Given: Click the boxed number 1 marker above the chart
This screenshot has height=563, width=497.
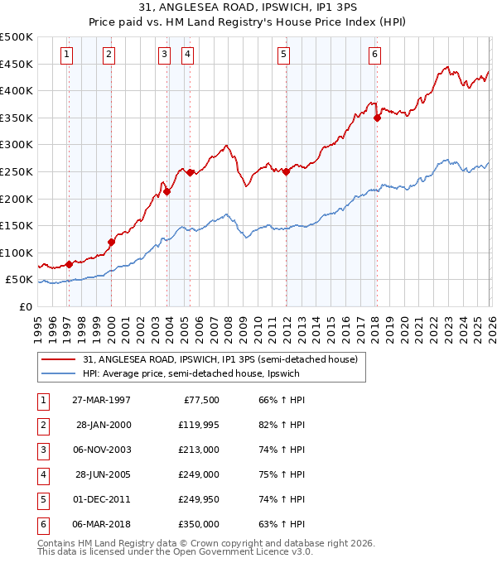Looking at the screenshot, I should [66, 55].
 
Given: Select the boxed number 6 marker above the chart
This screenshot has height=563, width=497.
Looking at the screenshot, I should [374, 55].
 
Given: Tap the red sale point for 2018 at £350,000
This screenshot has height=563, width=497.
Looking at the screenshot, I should [377, 118].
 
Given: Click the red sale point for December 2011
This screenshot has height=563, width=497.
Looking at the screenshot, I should [286, 172].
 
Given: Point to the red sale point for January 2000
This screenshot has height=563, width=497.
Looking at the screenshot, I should [111, 242].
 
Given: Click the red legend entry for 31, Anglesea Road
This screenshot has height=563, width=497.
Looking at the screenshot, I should [220, 359].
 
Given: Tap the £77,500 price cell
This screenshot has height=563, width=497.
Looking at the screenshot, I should [200, 400].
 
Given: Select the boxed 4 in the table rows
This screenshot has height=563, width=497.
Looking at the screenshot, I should [43, 474].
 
